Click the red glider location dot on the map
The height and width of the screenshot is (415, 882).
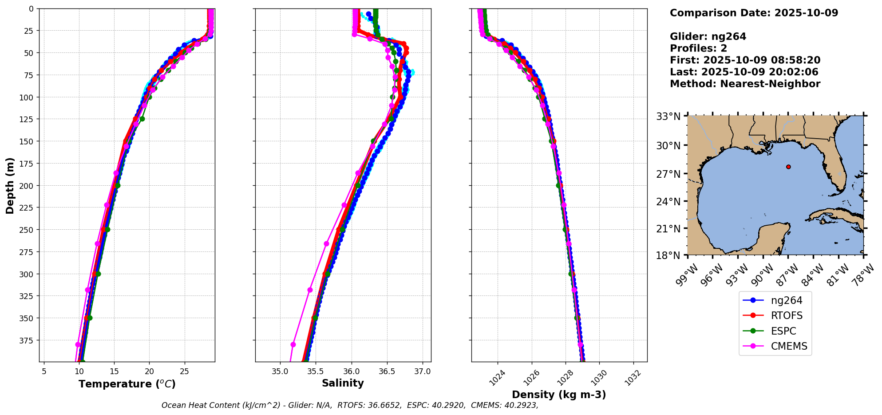point(788,167)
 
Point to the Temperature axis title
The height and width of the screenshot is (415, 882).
point(127,384)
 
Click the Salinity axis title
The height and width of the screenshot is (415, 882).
point(343,383)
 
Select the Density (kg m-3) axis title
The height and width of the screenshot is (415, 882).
point(559,395)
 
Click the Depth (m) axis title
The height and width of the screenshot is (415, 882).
point(10,186)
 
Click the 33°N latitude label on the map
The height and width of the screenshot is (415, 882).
point(668,117)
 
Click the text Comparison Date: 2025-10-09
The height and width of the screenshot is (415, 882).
point(754,13)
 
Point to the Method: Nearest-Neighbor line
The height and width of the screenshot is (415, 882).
point(745,84)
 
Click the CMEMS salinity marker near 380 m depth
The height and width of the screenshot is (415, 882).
point(293,345)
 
